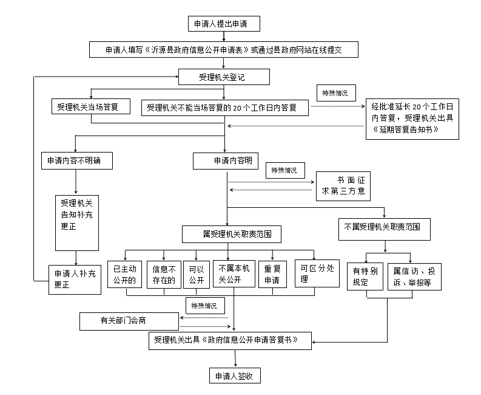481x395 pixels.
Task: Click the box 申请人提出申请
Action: point(224,24)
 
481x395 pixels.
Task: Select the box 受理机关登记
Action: point(224,77)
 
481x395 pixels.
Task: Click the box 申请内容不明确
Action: point(76,161)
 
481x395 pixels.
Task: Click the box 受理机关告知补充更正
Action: point(77,222)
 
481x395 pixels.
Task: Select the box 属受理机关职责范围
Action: point(233,233)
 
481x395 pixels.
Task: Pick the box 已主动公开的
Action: point(126,275)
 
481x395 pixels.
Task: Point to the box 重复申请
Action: point(272,275)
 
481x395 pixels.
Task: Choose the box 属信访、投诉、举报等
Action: point(414,276)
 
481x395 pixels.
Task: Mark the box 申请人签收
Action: point(234,376)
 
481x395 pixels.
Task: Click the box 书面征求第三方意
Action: point(343,185)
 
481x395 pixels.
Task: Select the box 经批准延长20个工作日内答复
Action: point(412,118)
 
